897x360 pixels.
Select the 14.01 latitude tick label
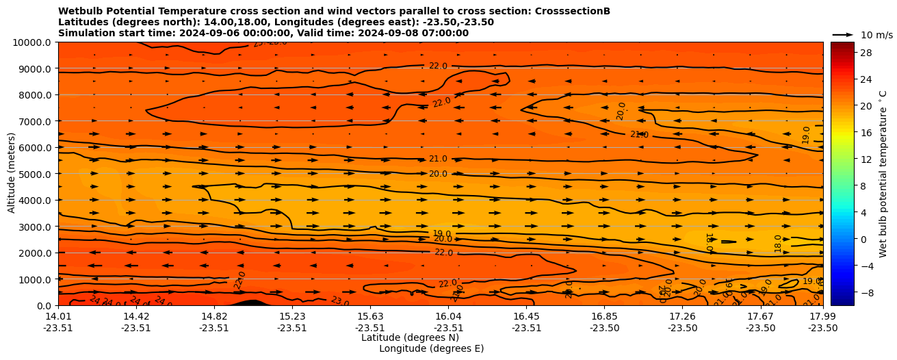pyautogui.click(x=58, y=316)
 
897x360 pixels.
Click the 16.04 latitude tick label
pyautogui.click(x=449, y=316)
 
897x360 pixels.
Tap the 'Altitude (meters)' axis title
pyautogui.click(x=12, y=174)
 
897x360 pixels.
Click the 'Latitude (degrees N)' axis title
pyautogui.click(x=410, y=337)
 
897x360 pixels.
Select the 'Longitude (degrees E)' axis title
pyautogui.click(x=431, y=348)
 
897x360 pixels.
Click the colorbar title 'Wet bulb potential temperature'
pyautogui.click(x=883, y=174)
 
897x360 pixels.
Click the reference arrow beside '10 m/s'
pyautogui.click(x=843, y=35)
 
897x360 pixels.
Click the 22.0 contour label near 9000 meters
pyautogui.click(x=438, y=66)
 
